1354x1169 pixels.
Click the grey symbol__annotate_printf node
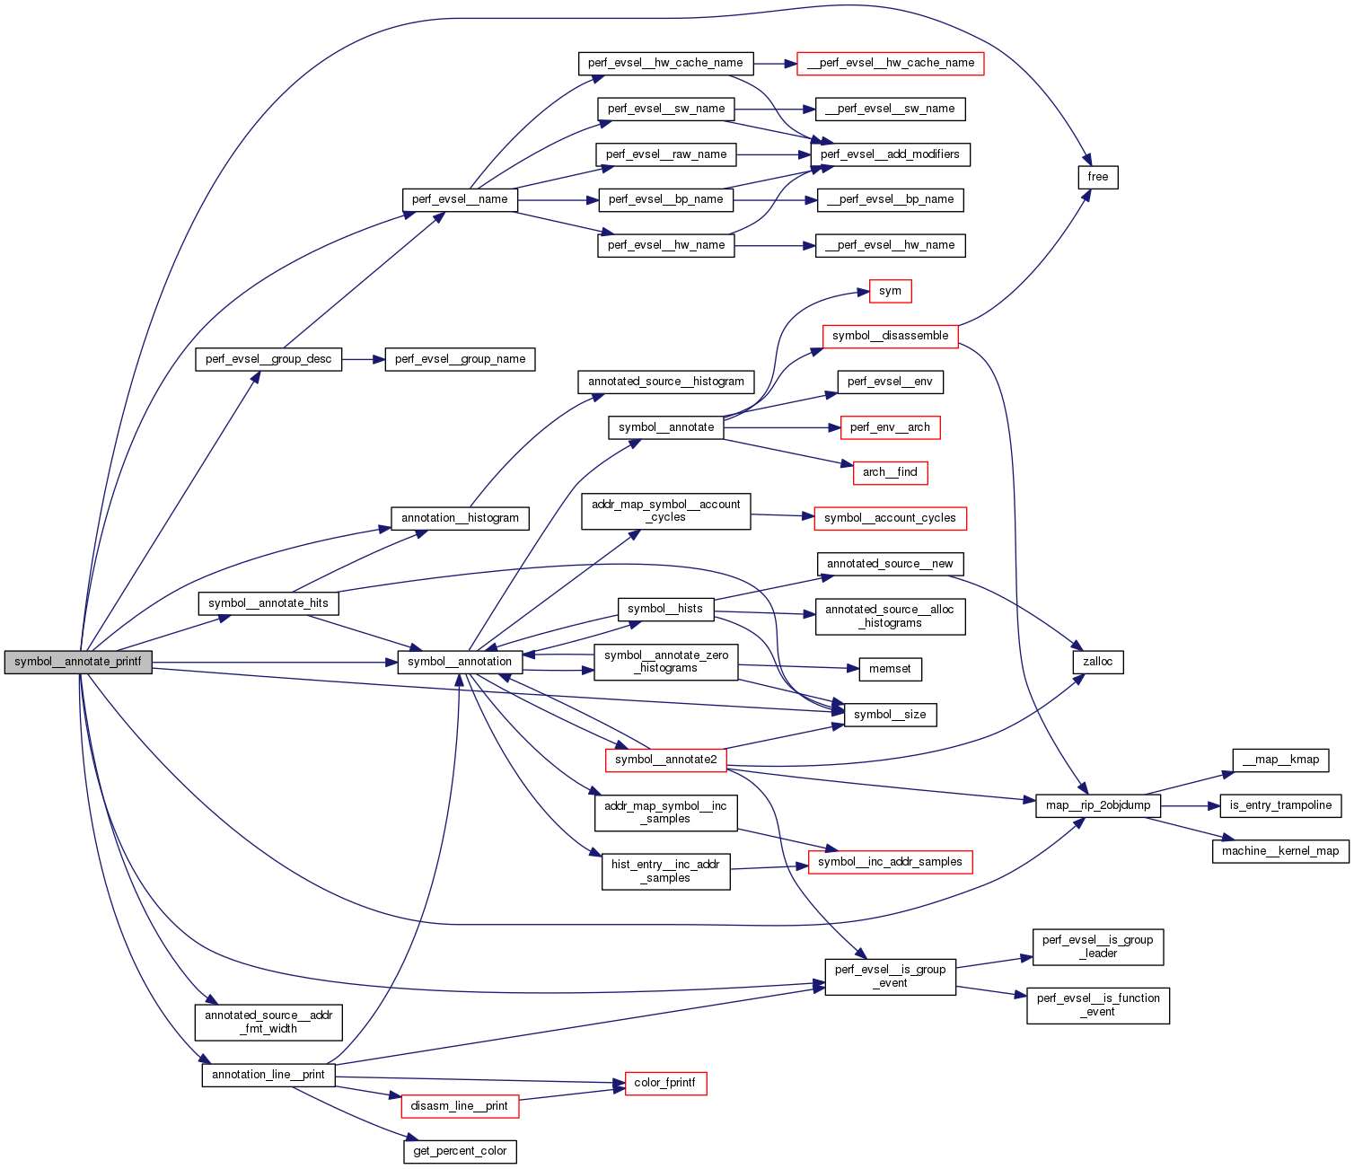(x=78, y=662)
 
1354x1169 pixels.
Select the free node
(x=1097, y=177)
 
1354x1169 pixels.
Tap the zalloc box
(x=1097, y=662)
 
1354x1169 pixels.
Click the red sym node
(x=890, y=291)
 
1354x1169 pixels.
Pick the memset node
(x=890, y=669)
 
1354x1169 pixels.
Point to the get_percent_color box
(x=460, y=1151)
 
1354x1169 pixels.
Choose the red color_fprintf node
(x=664, y=1083)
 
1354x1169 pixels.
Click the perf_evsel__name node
(x=460, y=199)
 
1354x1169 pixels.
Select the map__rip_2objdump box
(x=1097, y=805)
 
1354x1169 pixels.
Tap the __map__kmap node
(x=1279, y=760)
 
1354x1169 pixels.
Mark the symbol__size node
(x=890, y=715)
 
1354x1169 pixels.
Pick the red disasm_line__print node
(x=459, y=1106)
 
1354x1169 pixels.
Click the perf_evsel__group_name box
(x=460, y=359)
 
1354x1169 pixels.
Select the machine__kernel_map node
(x=1279, y=851)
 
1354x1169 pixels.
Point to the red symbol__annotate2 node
(x=665, y=760)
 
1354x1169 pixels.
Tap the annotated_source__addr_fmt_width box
(x=268, y=1022)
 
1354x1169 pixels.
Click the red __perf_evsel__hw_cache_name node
(x=890, y=63)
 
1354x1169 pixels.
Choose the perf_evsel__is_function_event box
(x=1097, y=1005)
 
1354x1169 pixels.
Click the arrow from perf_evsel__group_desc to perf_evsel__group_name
(x=363, y=359)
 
